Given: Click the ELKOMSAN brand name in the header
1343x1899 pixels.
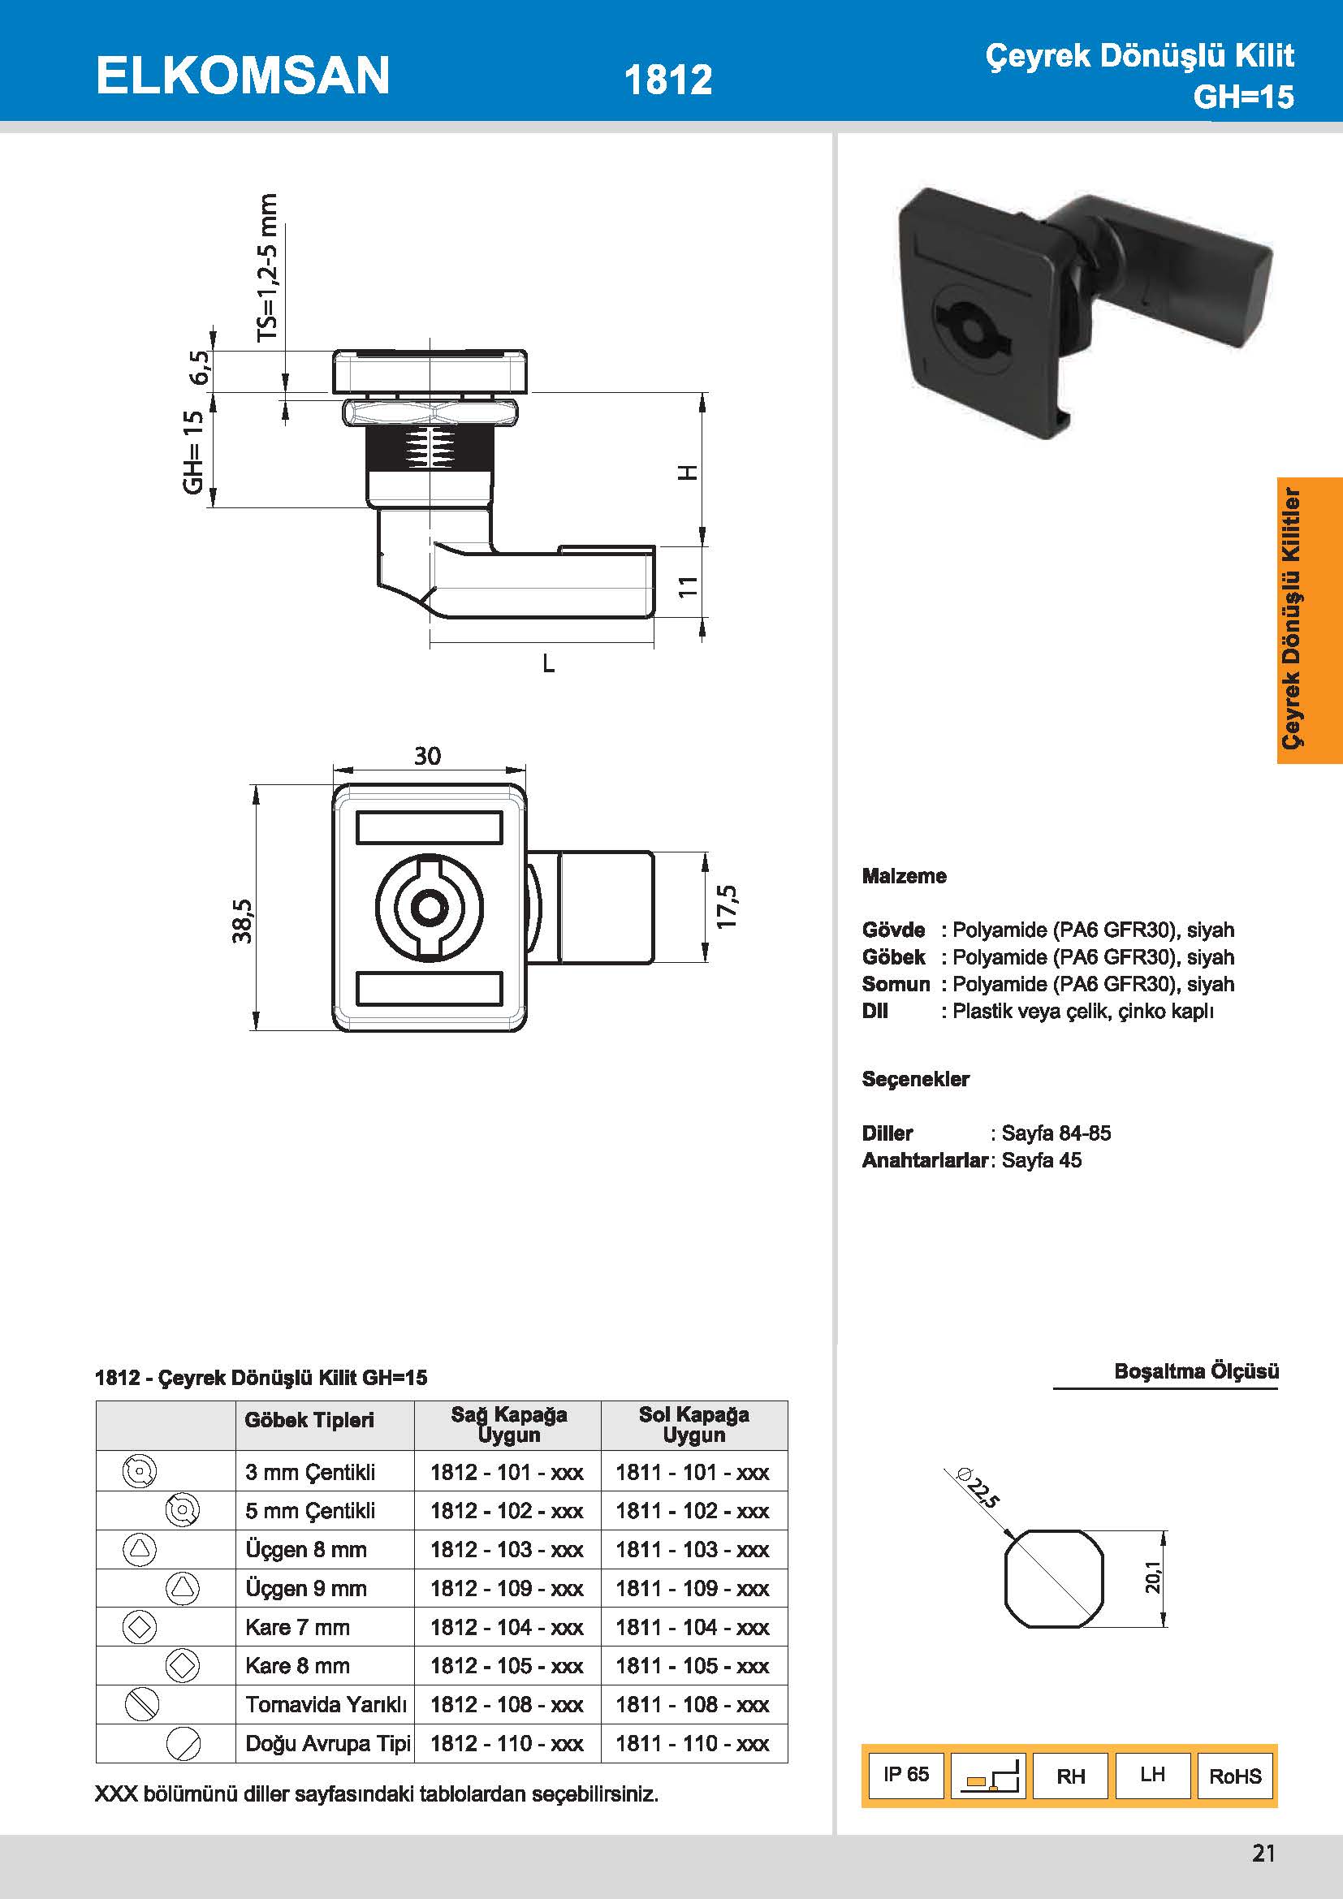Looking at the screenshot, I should point(242,76).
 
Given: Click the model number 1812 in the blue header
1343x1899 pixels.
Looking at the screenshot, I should point(667,80).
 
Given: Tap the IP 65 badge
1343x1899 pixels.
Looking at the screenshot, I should point(905,1774).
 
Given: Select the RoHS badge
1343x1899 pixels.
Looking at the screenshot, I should point(1235,1776).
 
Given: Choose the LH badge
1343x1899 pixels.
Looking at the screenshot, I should point(1152,1774).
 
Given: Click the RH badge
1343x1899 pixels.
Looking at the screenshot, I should point(1070,1776).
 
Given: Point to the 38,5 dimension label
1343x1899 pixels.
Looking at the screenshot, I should point(241,921).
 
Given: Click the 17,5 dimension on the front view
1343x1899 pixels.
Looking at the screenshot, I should point(727,907).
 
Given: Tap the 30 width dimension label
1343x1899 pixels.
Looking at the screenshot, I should point(428,756).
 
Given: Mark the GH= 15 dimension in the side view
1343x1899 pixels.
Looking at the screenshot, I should point(192,451).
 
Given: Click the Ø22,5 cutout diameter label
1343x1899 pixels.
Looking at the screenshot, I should point(978,1487).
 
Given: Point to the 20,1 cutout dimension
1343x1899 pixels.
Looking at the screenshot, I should point(1153,1577).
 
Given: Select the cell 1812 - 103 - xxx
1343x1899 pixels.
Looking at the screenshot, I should point(507,1549).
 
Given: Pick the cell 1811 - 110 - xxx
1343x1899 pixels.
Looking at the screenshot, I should point(692,1743).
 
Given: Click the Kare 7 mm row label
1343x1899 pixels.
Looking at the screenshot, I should point(298,1627).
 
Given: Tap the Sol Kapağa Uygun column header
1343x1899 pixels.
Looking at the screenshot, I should point(693,1424).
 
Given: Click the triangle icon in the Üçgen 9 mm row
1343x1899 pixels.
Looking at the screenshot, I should point(183,1588).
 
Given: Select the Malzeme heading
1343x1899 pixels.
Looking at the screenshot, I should point(904,876).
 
